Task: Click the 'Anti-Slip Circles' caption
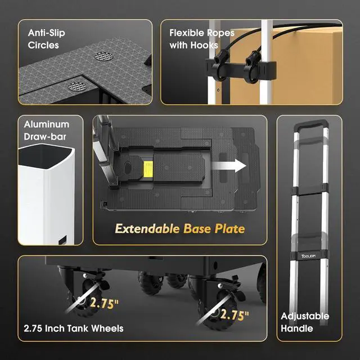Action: (47, 38)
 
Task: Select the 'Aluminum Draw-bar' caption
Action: (47, 130)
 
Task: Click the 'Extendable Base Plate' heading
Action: (179, 229)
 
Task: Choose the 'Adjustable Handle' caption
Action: (304, 322)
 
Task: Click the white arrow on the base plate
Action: (234, 166)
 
